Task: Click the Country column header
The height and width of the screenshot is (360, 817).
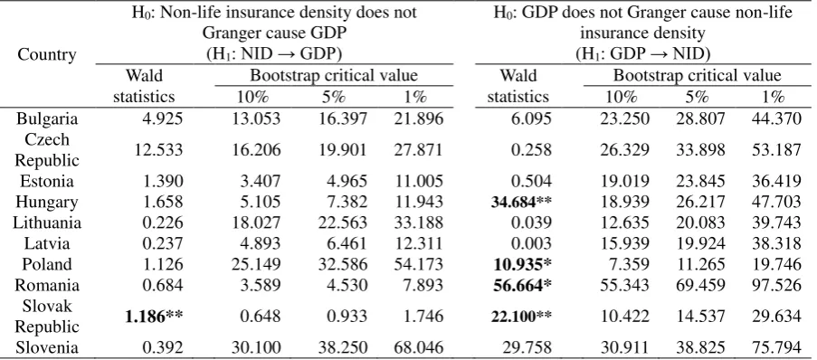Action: [x=47, y=54]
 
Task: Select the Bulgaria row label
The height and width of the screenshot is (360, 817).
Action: [x=47, y=118]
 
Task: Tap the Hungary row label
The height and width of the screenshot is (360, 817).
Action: [x=47, y=202]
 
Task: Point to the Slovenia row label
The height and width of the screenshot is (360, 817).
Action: [x=47, y=347]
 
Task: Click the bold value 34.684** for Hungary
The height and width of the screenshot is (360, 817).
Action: [x=521, y=202]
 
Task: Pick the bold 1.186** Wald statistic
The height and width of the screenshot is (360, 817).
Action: [x=154, y=317]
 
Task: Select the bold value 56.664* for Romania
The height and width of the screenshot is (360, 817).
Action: [x=521, y=286]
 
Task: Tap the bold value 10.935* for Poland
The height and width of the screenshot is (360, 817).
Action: [x=521, y=265]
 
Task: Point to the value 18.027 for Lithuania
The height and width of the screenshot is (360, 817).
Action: [x=255, y=223]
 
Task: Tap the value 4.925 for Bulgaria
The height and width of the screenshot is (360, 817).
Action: [x=162, y=118]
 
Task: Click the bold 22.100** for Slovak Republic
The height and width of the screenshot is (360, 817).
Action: [x=521, y=317]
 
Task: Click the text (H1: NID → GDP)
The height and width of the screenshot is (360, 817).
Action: [x=274, y=53]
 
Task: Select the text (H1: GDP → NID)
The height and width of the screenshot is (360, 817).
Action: [x=643, y=53]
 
